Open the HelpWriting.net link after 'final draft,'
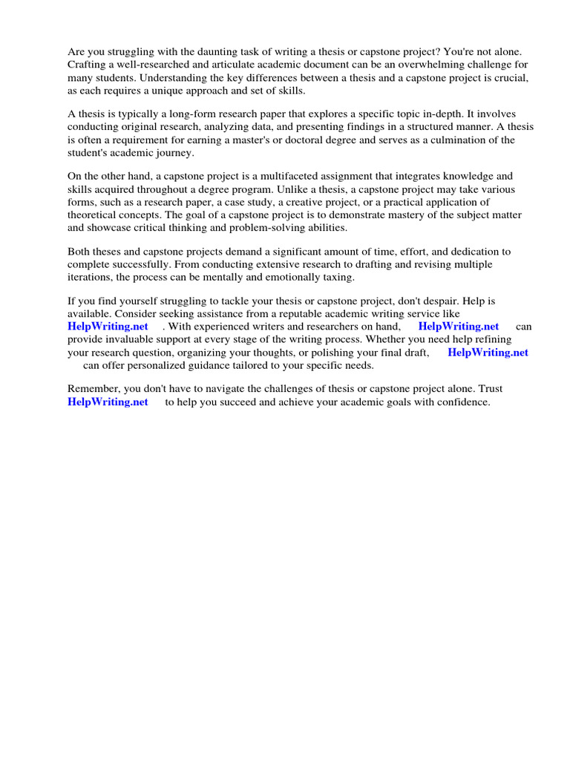point(488,353)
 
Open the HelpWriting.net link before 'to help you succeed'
point(108,402)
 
